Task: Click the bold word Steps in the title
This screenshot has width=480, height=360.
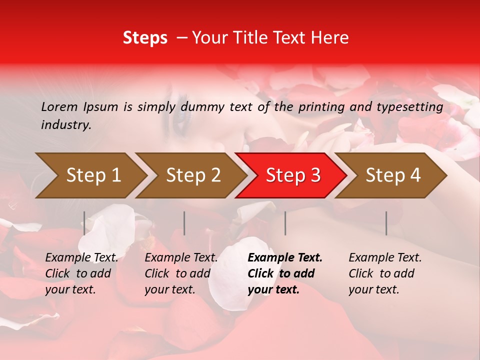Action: click(x=145, y=38)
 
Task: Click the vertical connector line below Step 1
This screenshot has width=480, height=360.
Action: click(x=84, y=223)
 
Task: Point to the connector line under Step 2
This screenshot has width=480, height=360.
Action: click(x=184, y=223)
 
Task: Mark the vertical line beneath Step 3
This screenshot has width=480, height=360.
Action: click(x=285, y=223)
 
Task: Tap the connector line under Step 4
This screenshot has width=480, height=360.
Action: click(x=386, y=223)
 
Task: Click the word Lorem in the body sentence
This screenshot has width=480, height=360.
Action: click(x=59, y=107)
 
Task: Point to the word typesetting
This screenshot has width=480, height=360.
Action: click(x=414, y=107)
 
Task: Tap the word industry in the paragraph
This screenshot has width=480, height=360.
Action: click(x=65, y=125)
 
